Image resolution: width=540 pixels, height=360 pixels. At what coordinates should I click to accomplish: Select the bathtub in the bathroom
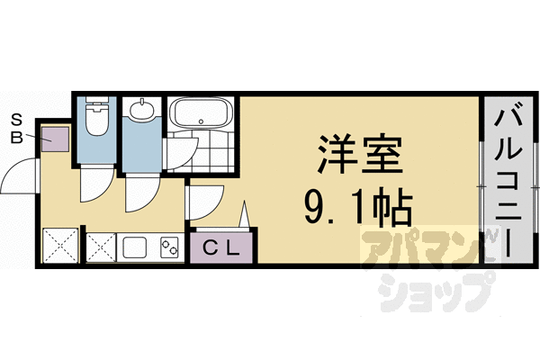[200, 114]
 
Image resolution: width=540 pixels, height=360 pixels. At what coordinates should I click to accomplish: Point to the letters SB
[17, 127]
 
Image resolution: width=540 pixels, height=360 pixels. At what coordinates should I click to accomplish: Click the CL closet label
[220, 247]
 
